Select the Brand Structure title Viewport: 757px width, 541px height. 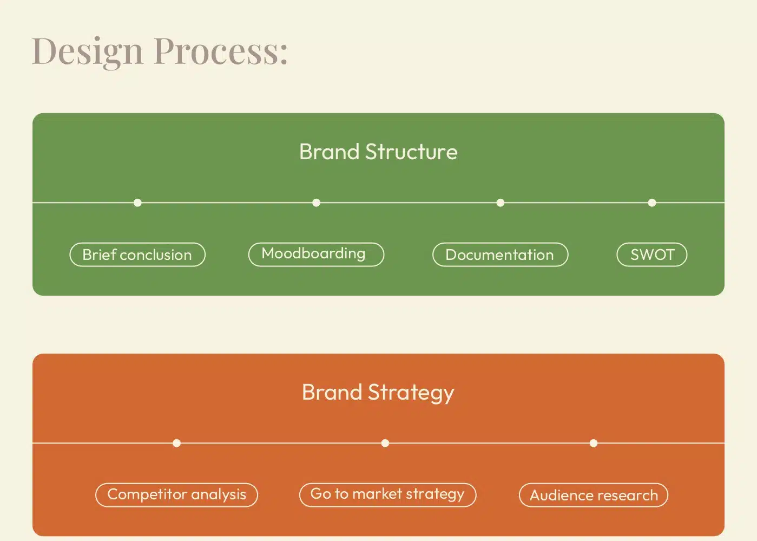click(379, 152)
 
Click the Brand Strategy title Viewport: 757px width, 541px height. click(378, 393)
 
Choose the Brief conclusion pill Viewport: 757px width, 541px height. click(137, 255)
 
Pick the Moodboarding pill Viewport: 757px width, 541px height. click(317, 255)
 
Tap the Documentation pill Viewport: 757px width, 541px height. click(501, 255)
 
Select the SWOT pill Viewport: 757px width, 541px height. click(652, 255)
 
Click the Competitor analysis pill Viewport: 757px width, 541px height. click(177, 495)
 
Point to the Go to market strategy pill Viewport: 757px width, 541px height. click(388, 495)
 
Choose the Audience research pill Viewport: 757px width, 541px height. click(594, 495)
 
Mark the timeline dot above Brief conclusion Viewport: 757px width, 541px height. click(137, 203)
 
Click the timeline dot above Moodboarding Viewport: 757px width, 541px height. click(317, 203)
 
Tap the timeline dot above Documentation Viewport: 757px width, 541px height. click(501, 203)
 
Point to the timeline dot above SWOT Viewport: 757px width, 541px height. click(652, 203)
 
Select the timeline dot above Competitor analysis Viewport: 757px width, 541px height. click(177, 443)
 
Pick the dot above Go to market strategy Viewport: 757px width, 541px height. click(385, 443)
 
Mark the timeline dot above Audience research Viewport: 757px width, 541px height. click(594, 443)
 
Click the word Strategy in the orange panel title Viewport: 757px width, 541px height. click(411, 393)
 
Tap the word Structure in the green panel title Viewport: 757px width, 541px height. click(412, 152)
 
